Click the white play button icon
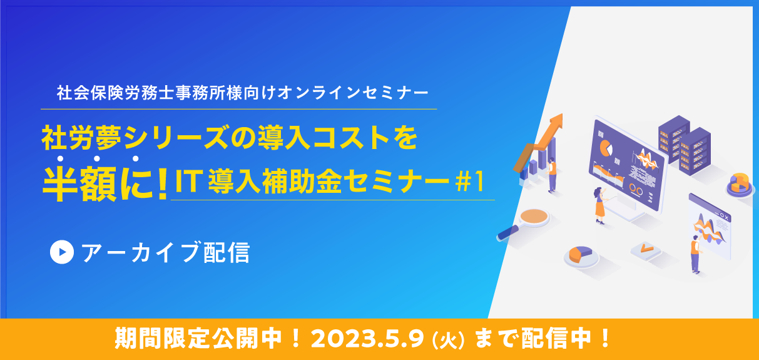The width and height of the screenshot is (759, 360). click(62, 252)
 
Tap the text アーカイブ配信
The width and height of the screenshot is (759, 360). click(166, 252)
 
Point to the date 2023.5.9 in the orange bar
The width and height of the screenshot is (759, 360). click(368, 339)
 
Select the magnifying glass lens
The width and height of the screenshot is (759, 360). click(534, 216)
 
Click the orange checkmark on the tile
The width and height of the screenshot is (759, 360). click(646, 249)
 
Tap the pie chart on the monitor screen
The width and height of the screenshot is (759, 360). click(606, 148)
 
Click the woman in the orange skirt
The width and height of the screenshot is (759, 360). click(599, 205)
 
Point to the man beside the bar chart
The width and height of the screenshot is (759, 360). click(552, 175)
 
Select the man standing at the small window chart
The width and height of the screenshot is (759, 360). click(696, 254)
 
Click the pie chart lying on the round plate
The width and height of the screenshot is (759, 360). click(580, 254)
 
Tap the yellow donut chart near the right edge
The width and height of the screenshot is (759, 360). click(740, 183)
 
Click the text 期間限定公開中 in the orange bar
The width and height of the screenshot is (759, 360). click(198, 339)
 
